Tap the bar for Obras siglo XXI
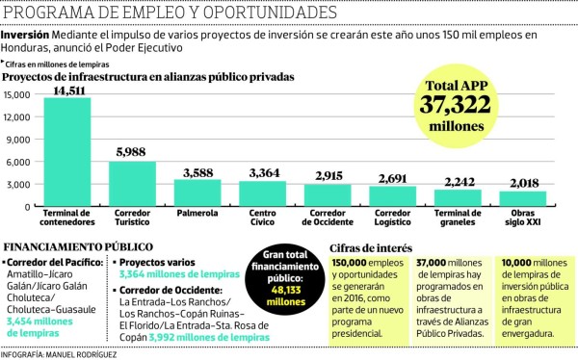(522, 199)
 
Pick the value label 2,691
(392, 178)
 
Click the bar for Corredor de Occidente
(327, 195)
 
